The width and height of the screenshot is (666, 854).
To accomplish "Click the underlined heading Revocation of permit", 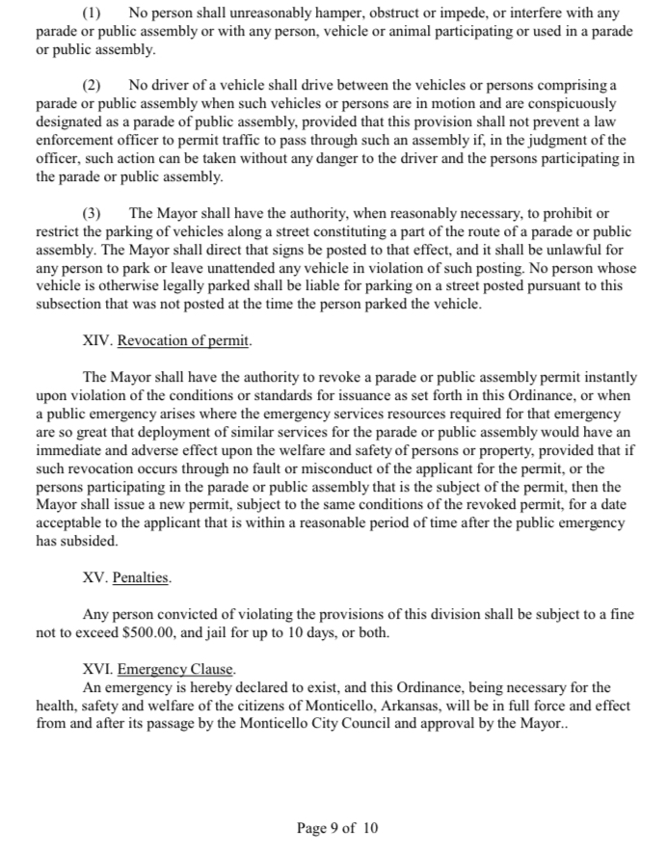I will pyautogui.click(x=183, y=340).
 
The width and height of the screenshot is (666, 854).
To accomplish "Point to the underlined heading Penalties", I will pyautogui.click(x=142, y=578).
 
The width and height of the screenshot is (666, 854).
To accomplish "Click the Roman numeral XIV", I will pyautogui.click(x=97, y=340).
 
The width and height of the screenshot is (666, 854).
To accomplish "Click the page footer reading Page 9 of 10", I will pyautogui.click(x=337, y=828).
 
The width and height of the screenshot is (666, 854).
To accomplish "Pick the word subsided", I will pyautogui.click(x=91, y=542).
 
